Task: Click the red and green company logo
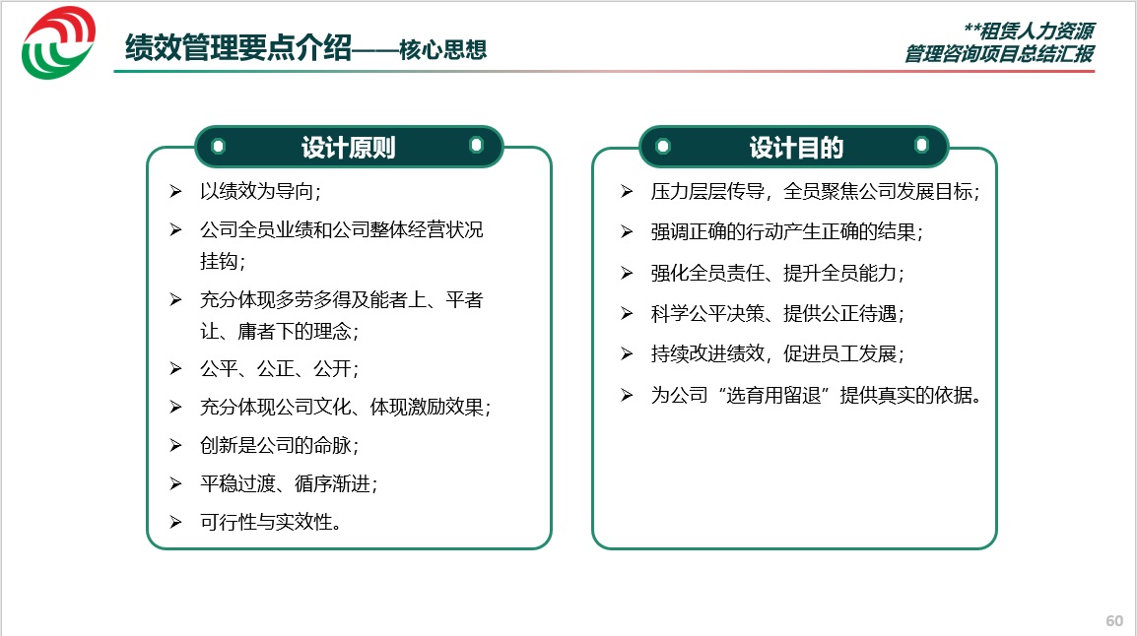59,42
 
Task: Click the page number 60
1113,621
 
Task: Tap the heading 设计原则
348,148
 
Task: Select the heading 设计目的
796,148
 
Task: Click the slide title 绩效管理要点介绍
238,48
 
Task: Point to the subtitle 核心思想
442,49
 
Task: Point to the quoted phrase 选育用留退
773,395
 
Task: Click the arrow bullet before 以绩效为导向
175,191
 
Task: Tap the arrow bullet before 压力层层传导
627,191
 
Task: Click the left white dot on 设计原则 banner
219,147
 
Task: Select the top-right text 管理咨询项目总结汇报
999,53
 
